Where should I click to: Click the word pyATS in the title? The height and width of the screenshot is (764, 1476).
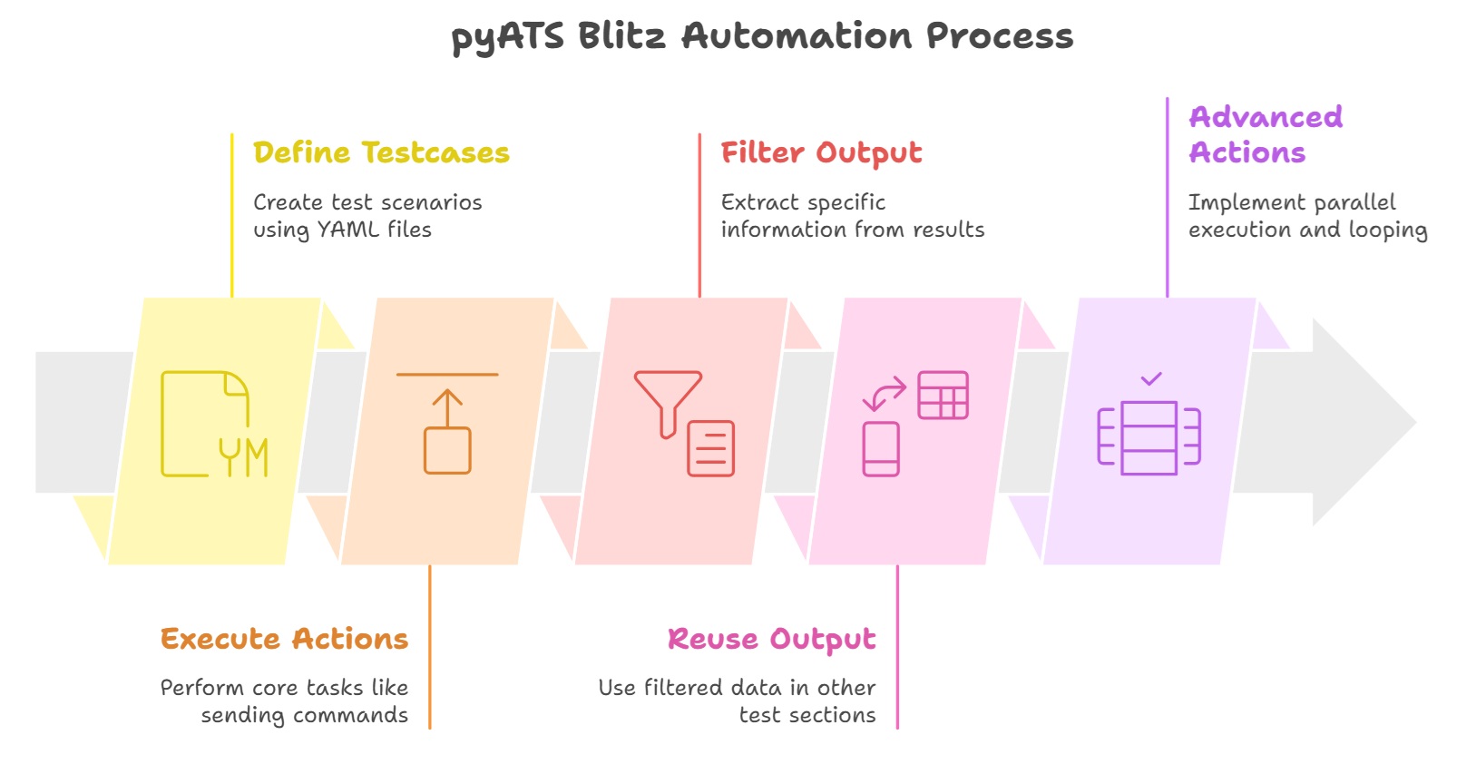click(507, 37)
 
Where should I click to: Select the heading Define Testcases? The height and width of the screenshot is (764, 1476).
click(381, 152)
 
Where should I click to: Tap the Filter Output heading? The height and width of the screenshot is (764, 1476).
click(821, 153)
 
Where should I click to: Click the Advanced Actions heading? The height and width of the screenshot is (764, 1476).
click(1266, 134)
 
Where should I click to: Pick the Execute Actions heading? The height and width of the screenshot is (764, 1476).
click(284, 639)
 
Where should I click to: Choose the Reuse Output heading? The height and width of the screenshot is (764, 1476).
click(771, 639)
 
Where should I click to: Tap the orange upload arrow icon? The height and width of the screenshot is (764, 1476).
click(447, 423)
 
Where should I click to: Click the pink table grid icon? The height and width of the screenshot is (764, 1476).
click(943, 395)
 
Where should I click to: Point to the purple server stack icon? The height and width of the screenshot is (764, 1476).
click(1149, 437)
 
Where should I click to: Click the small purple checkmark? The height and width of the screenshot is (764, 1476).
click(1151, 378)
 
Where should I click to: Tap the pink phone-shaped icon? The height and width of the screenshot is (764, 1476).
click(881, 449)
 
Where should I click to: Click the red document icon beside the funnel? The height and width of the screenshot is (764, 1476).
click(710, 448)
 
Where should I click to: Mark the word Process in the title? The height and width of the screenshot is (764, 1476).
click(1000, 36)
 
